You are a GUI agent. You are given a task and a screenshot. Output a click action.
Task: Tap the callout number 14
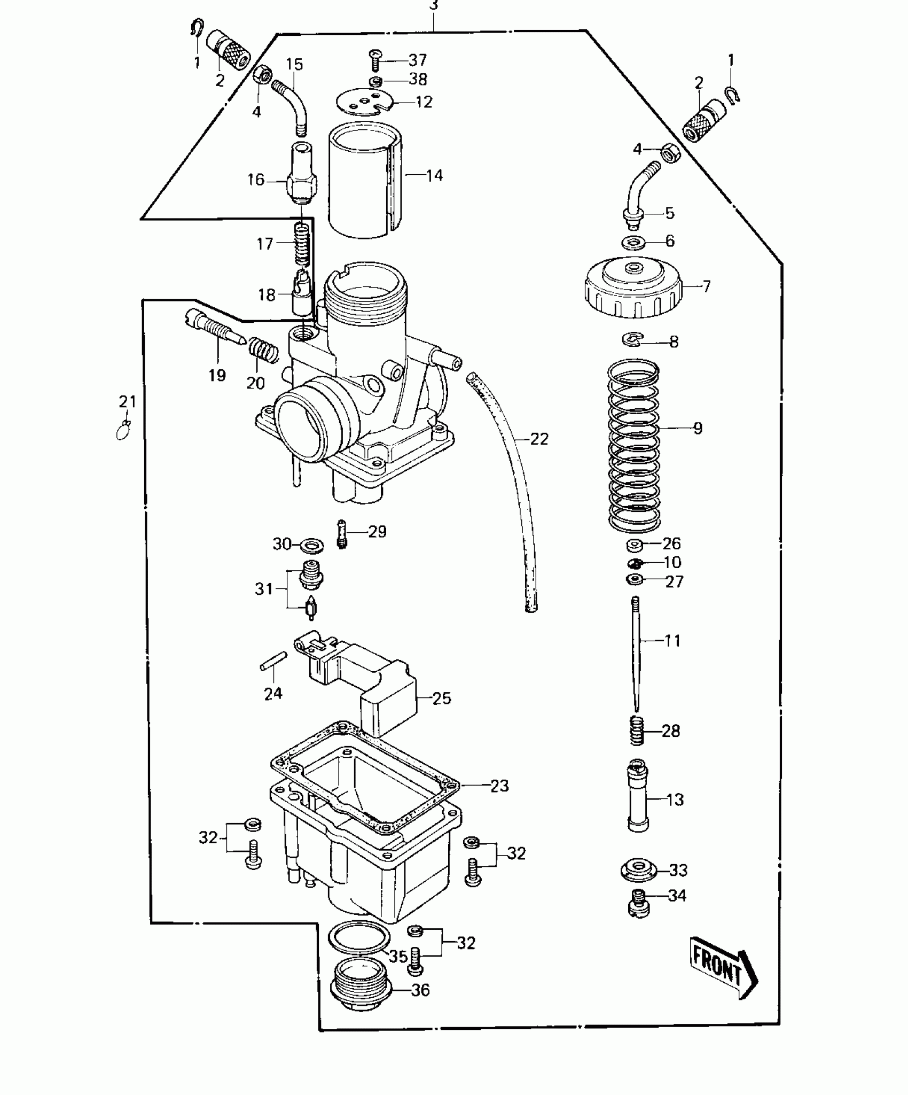[434, 175]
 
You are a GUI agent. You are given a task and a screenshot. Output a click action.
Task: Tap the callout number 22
[539, 439]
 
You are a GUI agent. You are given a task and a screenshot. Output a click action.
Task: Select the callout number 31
[264, 589]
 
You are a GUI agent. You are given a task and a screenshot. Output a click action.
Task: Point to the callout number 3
[433, 5]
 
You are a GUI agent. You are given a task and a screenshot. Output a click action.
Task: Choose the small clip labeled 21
[124, 429]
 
